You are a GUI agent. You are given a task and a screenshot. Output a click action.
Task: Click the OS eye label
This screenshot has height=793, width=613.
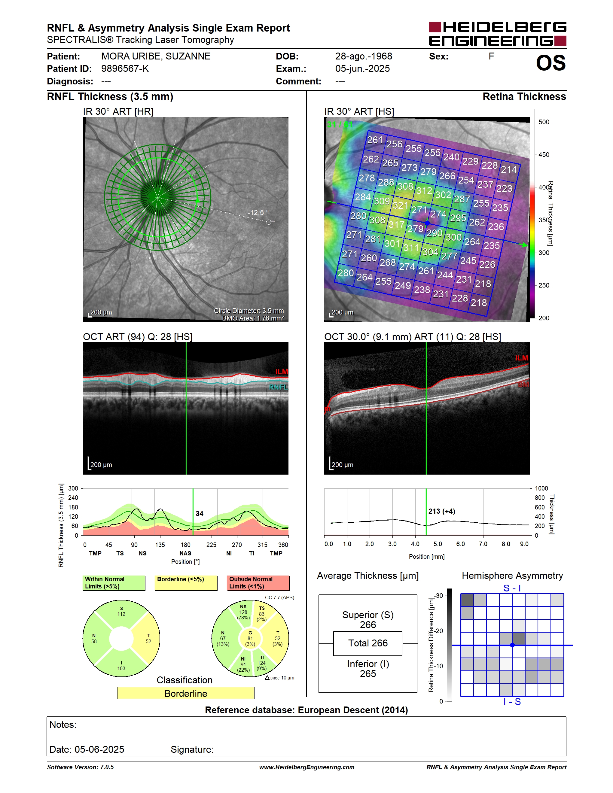[550, 63]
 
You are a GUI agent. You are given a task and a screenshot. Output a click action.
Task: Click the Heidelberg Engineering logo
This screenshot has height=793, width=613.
[498, 34]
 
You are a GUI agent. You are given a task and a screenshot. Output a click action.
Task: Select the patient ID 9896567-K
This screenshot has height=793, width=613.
[125, 68]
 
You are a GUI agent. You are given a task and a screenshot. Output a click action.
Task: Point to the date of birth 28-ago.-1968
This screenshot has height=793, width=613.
[364, 56]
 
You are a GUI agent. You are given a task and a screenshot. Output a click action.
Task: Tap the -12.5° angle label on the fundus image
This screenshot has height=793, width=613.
[258, 212]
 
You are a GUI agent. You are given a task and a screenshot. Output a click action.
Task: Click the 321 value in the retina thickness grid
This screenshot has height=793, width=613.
[401, 205]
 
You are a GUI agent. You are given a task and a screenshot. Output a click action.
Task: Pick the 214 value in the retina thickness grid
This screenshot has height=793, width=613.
[509, 170]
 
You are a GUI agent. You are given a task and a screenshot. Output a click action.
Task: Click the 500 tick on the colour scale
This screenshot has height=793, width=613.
[544, 122]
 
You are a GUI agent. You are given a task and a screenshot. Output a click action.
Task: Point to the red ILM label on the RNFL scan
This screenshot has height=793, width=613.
[282, 372]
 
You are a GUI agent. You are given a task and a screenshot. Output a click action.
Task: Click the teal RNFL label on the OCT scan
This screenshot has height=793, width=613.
[279, 387]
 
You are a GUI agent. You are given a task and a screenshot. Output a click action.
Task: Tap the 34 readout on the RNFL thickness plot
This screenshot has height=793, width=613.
[199, 513]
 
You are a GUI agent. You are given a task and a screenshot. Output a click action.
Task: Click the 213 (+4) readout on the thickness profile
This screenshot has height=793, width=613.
[442, 511]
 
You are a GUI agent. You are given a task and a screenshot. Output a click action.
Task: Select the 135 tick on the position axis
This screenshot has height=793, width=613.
[160, 545]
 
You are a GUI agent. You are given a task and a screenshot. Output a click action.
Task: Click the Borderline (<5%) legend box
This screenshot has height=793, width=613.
[186, 583]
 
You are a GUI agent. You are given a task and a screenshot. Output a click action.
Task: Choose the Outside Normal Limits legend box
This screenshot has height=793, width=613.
[258, 583]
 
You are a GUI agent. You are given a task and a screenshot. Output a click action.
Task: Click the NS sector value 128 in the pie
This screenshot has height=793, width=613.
[243, 612]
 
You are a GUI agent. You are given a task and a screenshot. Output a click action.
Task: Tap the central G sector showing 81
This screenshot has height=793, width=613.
[250, 638]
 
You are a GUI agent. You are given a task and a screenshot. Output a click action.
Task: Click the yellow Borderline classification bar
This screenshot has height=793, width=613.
[186, 693]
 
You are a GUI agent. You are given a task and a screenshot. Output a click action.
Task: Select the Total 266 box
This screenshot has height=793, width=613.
[368, 643]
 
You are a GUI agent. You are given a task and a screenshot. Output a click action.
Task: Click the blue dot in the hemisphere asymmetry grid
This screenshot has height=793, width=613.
[512, 645]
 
